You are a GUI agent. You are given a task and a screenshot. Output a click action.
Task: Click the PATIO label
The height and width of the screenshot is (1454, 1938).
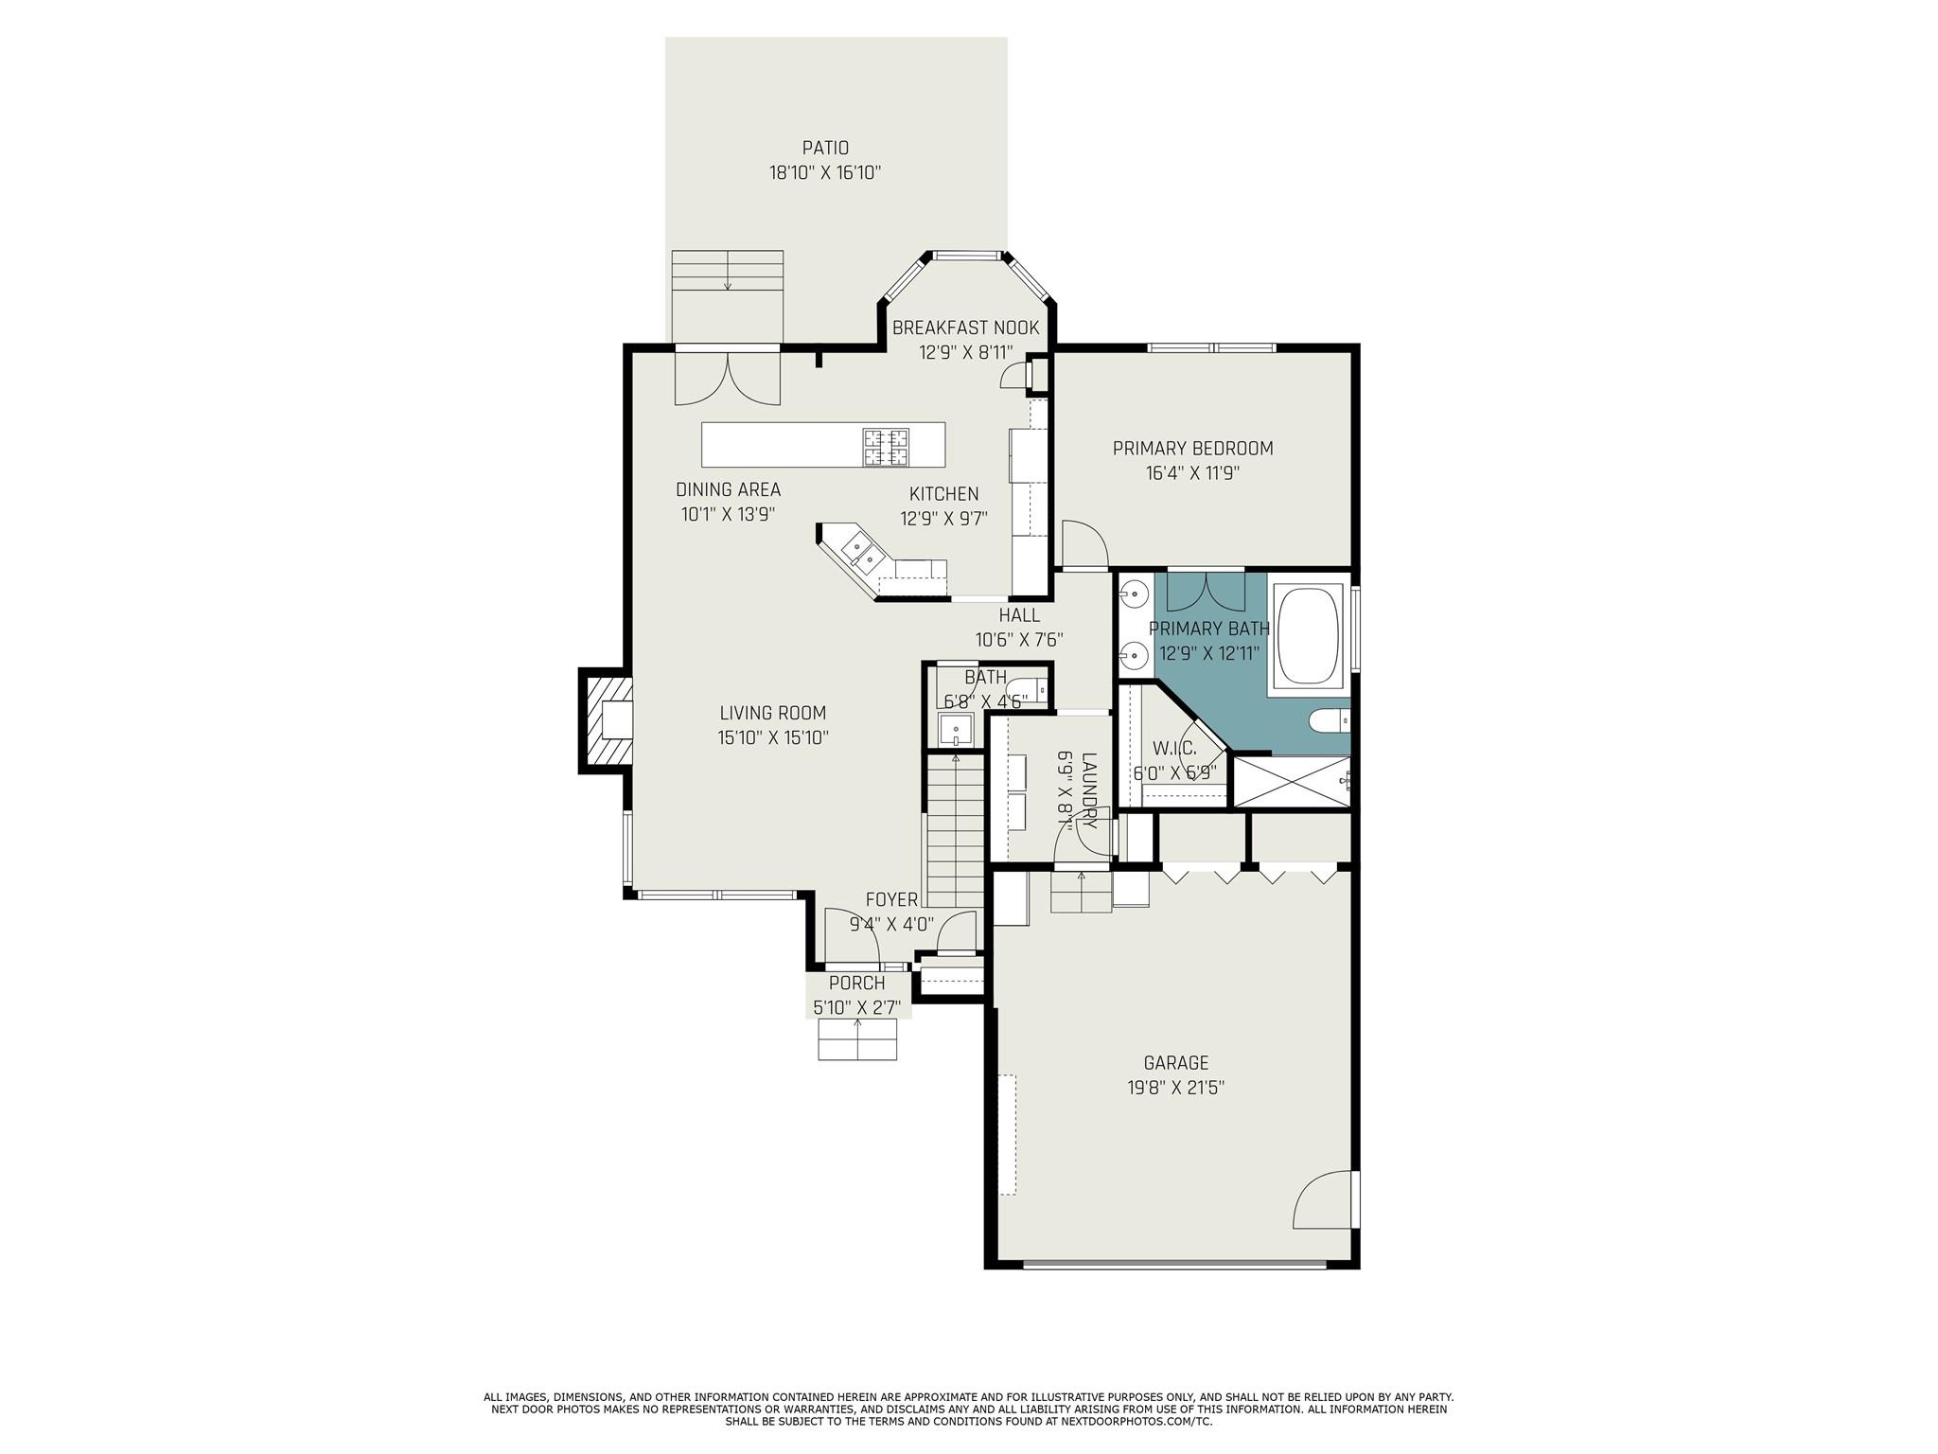pos(825,148)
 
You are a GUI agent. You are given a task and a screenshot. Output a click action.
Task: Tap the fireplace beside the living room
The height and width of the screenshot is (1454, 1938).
pos(607,720)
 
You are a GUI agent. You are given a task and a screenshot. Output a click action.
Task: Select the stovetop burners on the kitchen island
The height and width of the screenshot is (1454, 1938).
pos(886,447)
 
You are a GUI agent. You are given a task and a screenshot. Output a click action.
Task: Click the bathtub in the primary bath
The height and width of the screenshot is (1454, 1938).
pos(1309,635)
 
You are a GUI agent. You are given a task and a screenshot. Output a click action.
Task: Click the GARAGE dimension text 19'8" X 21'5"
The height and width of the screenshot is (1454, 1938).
pos(1175,1088)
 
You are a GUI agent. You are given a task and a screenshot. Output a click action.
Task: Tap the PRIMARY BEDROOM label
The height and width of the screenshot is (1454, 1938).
pos(1192,449)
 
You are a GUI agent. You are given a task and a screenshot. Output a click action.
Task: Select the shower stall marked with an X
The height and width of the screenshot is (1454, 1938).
pos(1291,781)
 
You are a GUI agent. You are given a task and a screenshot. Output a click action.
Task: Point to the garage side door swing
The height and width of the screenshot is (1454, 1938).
pos(1323,1200)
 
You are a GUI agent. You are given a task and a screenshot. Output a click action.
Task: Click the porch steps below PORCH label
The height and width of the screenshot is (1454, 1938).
pos(857,1039)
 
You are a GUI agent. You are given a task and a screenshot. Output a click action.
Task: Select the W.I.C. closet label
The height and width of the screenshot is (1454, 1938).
pos(1173,748)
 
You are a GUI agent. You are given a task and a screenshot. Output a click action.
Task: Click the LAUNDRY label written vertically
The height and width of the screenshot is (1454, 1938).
pos(1088,790)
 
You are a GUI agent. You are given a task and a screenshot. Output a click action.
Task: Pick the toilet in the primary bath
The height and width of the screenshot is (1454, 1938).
pos(1330,722)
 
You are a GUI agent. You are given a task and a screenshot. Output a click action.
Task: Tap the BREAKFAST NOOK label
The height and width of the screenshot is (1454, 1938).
pos(965,328)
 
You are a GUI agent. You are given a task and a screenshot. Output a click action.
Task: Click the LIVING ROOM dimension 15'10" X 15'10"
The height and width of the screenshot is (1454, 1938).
pos(772,737)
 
